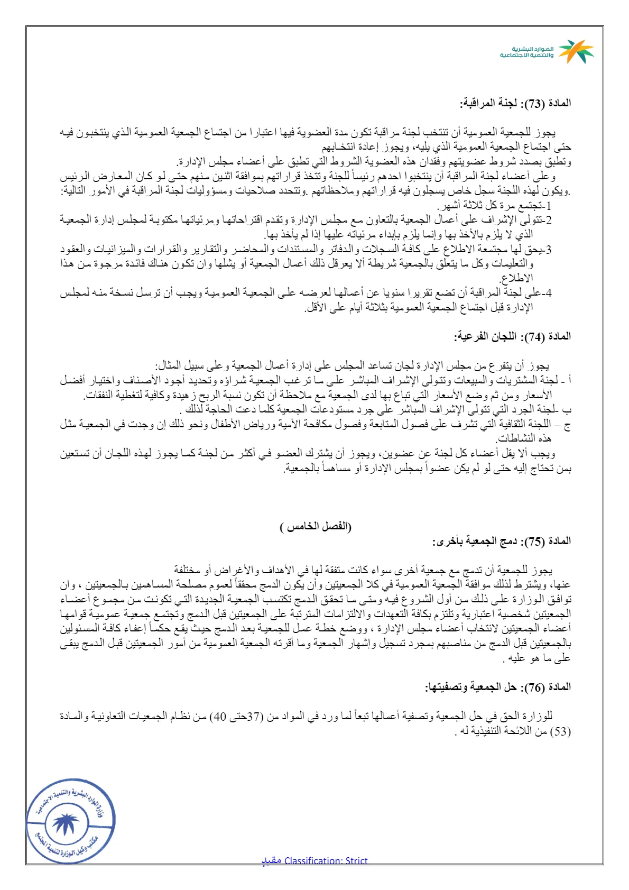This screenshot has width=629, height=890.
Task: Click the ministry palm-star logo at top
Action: (576, 51)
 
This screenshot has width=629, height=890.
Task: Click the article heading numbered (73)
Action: (515, 103)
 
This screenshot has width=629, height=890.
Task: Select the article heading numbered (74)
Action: (513, 336)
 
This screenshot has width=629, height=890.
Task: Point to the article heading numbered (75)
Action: (502, 541)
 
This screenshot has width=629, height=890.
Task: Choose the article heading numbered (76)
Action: (498, 687)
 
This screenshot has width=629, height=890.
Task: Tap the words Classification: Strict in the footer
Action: (326, 860)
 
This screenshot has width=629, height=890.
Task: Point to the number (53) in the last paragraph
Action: (561, 731)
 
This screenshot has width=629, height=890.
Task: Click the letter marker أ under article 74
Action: (569, 380)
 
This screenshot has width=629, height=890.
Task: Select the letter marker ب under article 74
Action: (568, 409)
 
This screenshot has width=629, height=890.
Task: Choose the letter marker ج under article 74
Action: (568, 424)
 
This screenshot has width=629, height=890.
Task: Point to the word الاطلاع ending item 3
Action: (517, 278)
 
